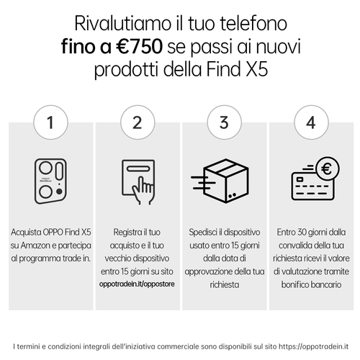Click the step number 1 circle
[50, 122]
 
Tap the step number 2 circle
[138, 122]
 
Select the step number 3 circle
[224, 122]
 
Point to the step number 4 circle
[310, 122]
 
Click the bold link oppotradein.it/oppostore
[137, 285]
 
